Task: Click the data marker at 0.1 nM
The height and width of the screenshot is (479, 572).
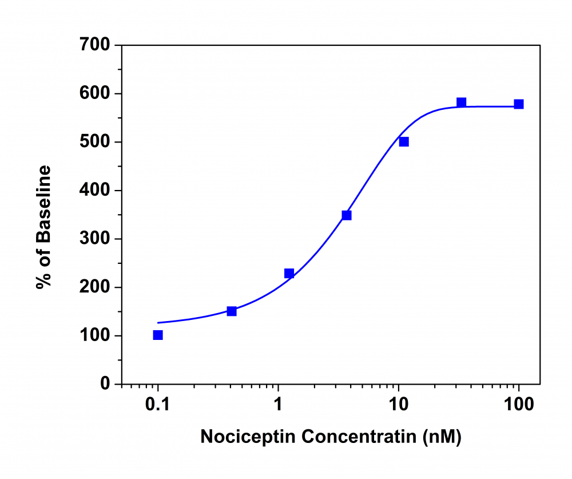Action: pyautogui.click(x=158, y=335)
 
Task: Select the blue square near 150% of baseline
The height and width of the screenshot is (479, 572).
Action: pyautogui.click(x=232, y=311)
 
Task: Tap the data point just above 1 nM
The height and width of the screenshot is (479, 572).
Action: pyautogui.click(x=289, y=274)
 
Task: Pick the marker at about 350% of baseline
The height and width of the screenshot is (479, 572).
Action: pyautogui.click(x=347, y=215)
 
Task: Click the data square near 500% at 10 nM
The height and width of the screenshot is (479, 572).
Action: pyautogui.click(x=404, y=142)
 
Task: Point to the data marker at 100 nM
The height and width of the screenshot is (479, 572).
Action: pyautogui.click(x=519, y=104)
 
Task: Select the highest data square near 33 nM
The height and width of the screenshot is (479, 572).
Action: pyautogui.click(x=462, y=102)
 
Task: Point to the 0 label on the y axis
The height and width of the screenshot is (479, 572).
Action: pyautogui.click(x=105, y=384)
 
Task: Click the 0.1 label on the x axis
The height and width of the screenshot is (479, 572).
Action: pyautogui.click(x=158, y=403)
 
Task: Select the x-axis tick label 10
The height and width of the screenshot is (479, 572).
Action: pyautogui.click(x=399, y=403)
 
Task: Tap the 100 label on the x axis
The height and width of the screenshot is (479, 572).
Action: pyautogui.click(x=519, y=403)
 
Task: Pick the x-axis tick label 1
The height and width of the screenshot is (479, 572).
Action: pyautogui.click(x=279, y=403)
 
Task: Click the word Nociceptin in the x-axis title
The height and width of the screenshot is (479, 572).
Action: pyautogui.click(x=248, y=437)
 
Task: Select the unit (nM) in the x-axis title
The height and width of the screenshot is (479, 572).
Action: pyautogui.click(x=441, y=437)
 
